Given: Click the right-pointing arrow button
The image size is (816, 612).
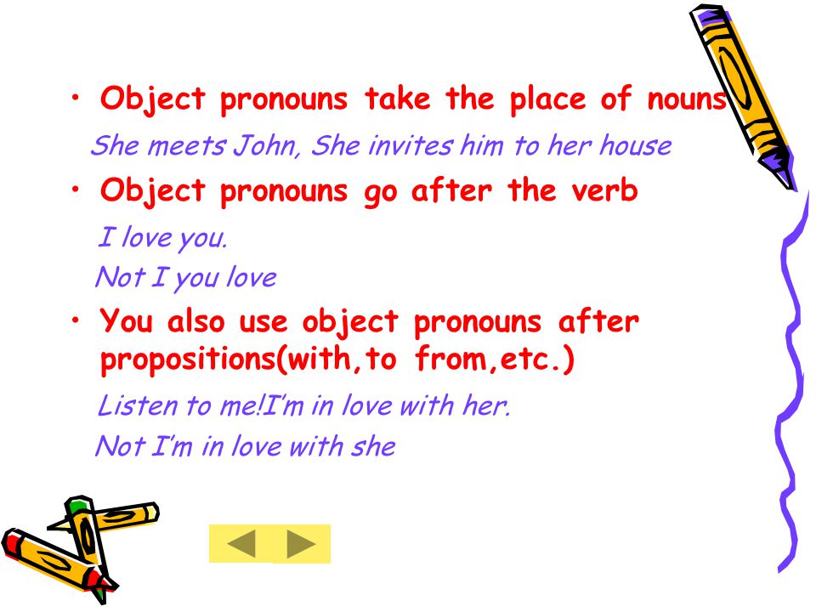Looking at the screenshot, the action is [301, 544].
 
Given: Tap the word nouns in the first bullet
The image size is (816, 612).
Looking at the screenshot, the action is [687, 99].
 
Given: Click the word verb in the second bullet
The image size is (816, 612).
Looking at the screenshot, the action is [604, 190].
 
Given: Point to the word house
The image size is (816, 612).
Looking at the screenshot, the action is [636, 145].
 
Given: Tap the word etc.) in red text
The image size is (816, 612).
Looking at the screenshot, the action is [537, 359].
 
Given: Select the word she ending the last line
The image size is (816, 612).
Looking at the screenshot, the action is [373, 446].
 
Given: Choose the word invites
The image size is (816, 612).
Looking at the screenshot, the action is [411, 145].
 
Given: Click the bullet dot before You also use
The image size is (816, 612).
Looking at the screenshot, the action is [76, 320].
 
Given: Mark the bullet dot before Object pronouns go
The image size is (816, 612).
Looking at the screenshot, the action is [76, 190].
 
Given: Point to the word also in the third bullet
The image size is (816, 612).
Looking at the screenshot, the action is [195, 321].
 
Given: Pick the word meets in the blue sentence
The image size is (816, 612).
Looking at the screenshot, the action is [187, 145].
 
